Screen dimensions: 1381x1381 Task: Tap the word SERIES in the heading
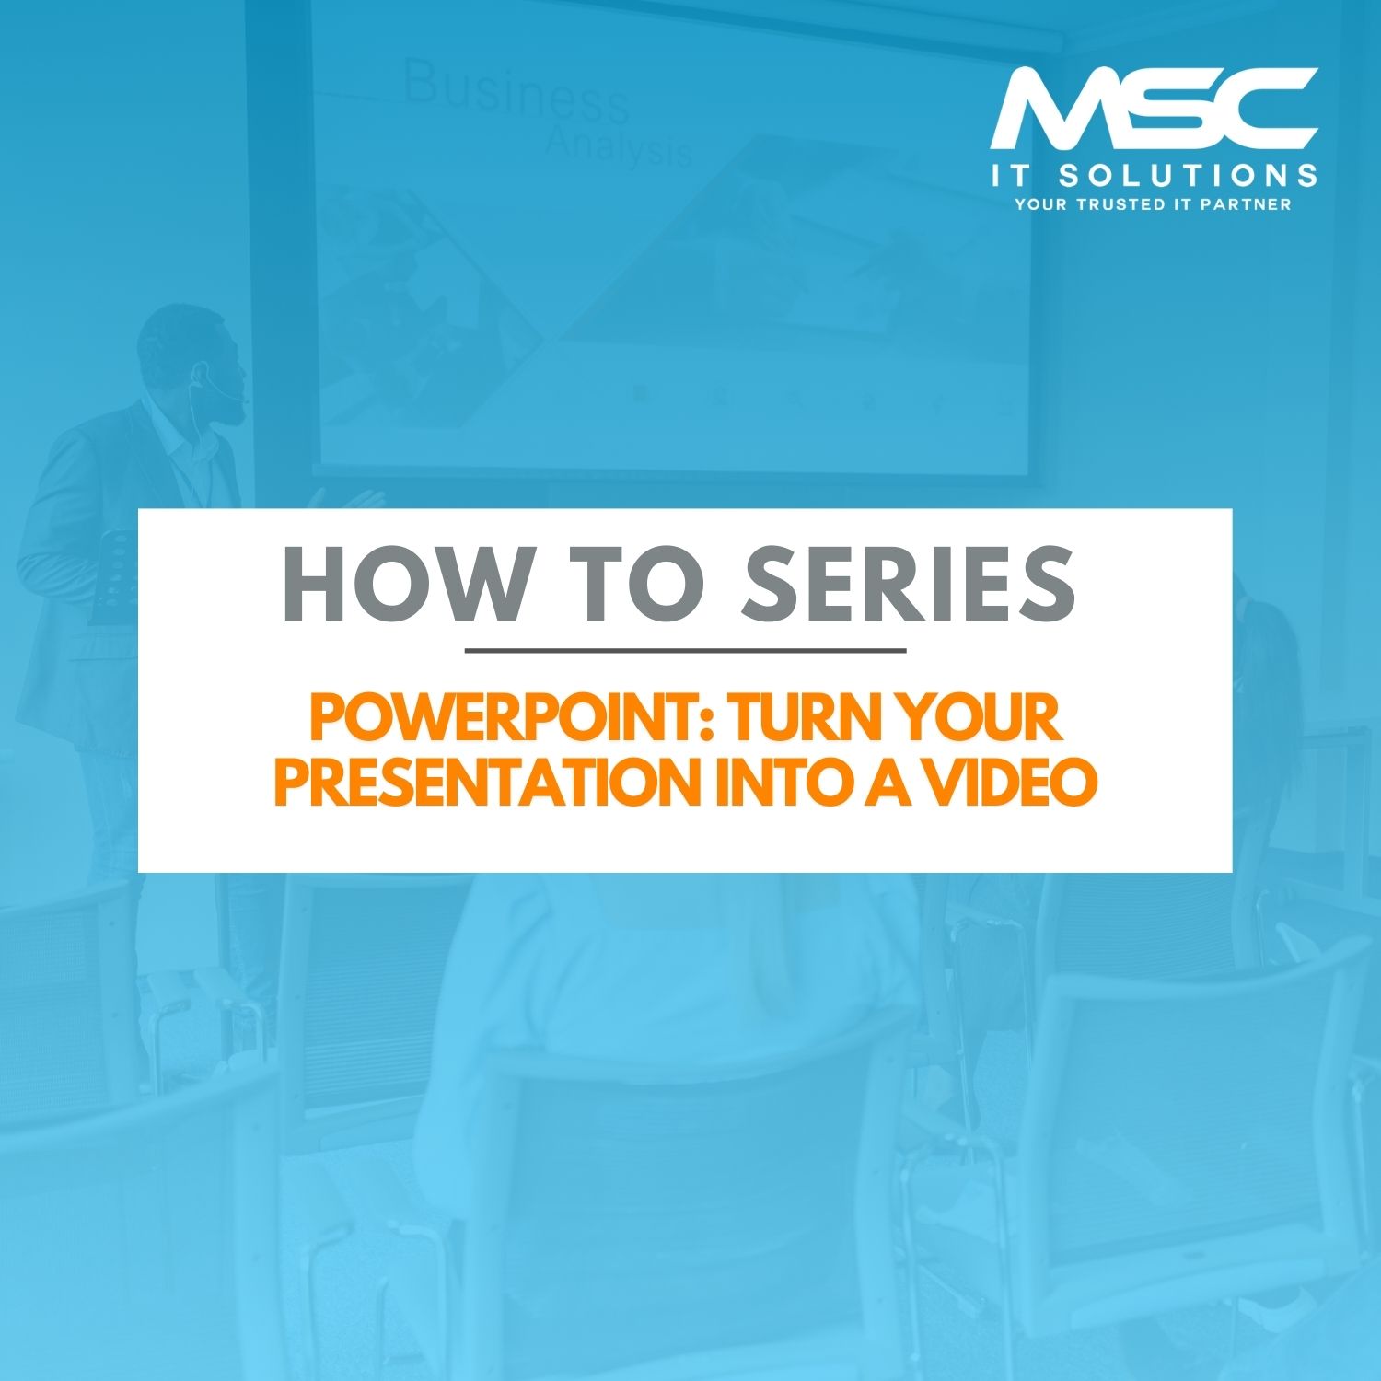click(910, 584)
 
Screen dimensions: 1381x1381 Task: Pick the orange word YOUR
click(981, 718)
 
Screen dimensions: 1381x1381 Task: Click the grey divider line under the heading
click(686, 650)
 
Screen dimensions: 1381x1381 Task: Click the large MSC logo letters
click(1154, 108)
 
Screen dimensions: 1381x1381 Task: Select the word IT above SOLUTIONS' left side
click(1009, 175)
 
